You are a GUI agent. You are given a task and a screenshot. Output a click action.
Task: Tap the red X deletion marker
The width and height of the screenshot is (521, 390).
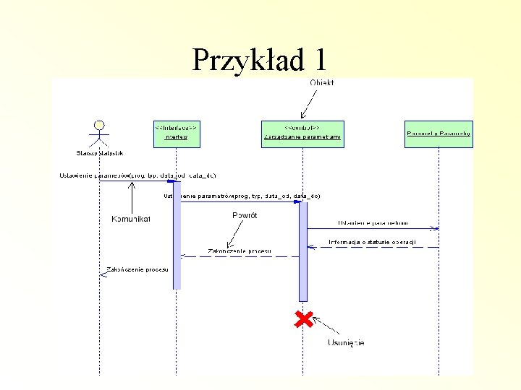pyautogui.click(x=304, y=319)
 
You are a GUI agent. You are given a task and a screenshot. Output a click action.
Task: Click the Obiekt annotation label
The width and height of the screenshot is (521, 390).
pyautogui.click(x=322, y=82)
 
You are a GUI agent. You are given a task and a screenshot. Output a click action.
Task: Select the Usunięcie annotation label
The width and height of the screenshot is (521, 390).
pyautogui.click(x=346, y=342)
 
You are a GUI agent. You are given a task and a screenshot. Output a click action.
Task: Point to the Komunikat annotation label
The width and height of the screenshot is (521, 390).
pyautogui.click(x=131, y=218)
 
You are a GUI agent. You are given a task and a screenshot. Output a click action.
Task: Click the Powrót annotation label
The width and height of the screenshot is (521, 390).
pyautogui.click(x=245, y=214)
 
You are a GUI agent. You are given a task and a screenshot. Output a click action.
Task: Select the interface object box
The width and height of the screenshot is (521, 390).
pyautogui.click(x=176, y=133)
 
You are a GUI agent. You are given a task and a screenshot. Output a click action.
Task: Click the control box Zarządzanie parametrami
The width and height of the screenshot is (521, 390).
pyautogui.click(x=302, y=133)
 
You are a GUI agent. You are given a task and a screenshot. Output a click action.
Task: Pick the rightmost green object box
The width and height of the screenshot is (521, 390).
pyautogui.click(x=439, y=133)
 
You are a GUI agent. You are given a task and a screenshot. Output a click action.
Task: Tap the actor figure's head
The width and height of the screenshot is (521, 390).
pyautogui.click(x=99, y=124)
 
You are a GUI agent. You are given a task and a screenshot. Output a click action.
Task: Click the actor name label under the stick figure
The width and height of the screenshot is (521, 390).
pyautogui.click(x=99, y=153)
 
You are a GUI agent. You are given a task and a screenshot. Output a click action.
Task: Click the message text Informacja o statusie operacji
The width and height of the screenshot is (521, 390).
pyautogui.click(x=372, y=241)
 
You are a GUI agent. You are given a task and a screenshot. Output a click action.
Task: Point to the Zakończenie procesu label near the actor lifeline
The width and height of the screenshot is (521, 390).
pyautogui.click(x=137, y=269)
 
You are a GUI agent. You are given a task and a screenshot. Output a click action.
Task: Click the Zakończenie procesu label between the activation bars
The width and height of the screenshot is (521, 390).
pyautogui.click(x=240, y=251)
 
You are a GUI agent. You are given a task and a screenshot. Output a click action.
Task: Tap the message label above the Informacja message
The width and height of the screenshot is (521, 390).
pyautogui.click(x=372, y=222)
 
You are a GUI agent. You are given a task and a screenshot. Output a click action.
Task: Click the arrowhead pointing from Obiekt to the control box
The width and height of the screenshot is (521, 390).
pyautogui.click(x=301, y=116)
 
